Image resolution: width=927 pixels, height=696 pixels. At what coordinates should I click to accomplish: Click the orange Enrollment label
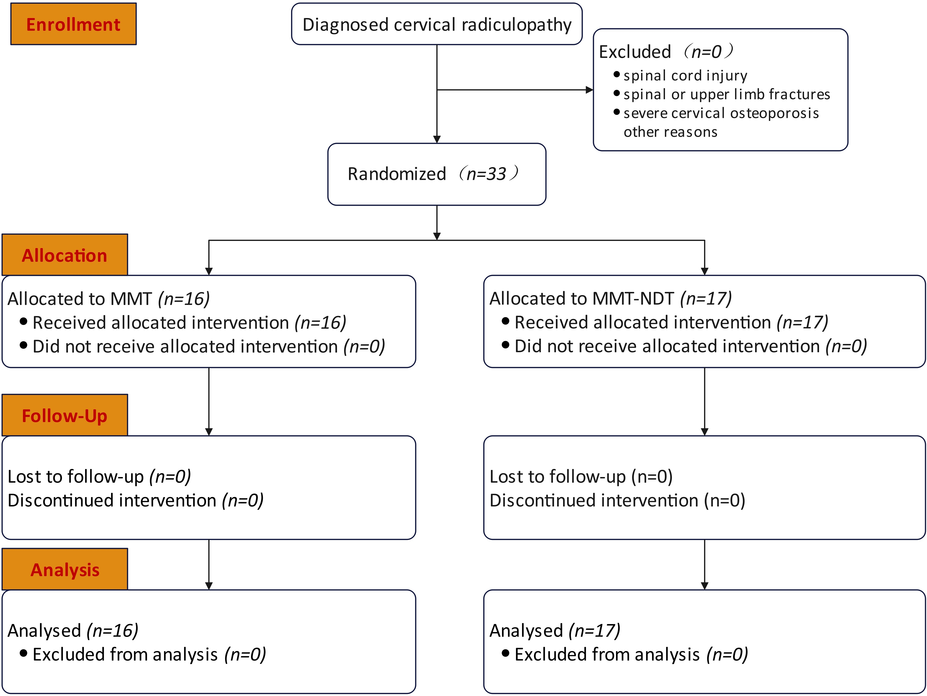coord(73,24)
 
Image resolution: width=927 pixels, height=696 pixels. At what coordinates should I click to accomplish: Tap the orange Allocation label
coord(65,255)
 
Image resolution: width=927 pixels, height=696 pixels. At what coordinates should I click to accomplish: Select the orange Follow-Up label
coord(65,415)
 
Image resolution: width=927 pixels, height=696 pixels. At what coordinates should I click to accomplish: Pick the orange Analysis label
coord(65,569)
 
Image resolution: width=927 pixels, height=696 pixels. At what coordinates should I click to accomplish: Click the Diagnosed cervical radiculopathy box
coord(437,24)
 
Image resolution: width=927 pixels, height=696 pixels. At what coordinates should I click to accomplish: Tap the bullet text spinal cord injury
coord(685,75)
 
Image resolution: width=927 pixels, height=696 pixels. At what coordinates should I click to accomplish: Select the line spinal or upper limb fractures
coord(727,94)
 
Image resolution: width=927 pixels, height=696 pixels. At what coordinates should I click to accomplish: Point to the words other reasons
coord(671,132)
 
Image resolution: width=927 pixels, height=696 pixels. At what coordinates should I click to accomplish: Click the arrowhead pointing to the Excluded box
coord(589,90)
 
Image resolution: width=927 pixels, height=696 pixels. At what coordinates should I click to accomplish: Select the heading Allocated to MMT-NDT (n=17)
coord(611,298)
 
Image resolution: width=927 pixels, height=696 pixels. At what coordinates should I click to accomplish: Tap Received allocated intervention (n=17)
coord(671,322)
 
